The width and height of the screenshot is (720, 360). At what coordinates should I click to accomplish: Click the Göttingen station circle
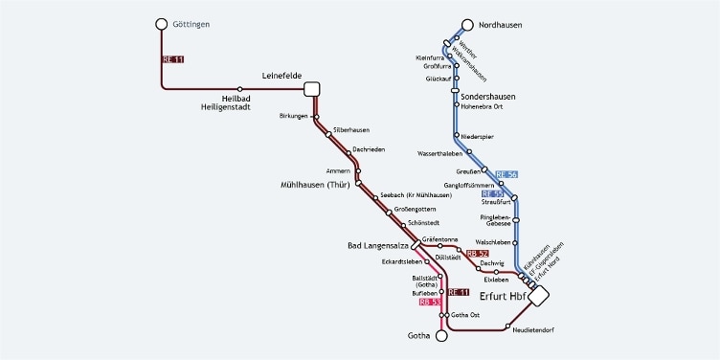tap(162, 24)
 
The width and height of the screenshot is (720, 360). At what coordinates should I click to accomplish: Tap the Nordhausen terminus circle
tap(467, 25)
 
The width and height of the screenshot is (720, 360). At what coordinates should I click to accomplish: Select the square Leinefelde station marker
tap(311, 89)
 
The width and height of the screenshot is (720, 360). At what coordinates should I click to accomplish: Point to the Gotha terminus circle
tap(441, 336)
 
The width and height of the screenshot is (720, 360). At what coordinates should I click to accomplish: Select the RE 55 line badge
tap(492, 193)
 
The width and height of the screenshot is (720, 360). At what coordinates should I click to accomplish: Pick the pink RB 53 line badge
tap(430, 302)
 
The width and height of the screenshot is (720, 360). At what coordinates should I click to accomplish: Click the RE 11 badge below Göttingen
tap(173, 59)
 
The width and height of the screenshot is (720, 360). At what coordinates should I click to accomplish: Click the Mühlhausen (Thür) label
tap(316, 184)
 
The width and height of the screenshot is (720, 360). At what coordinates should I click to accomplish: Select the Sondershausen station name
tap(488, 98)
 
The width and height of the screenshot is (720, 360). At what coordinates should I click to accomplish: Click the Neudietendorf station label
tap(534, 330)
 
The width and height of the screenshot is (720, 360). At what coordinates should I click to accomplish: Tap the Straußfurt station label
tap(494, 203)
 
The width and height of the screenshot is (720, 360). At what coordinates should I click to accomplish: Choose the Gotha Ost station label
tap(464, 315)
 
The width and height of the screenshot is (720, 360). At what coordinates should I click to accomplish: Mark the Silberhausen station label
tap(351, 130)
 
